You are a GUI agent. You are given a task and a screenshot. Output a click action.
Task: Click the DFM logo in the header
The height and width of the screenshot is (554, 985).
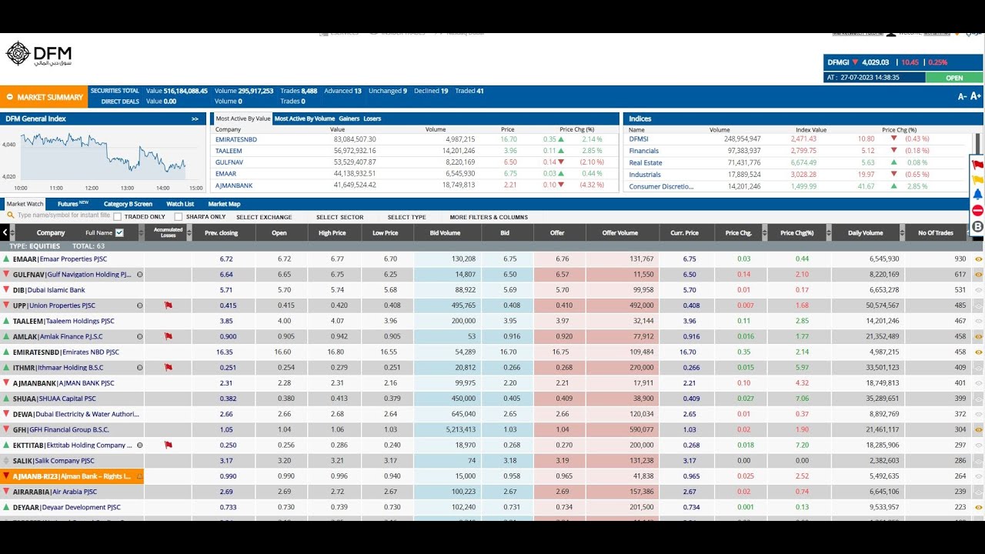(38, 55)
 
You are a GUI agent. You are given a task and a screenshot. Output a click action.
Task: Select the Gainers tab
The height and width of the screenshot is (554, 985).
(349, 118)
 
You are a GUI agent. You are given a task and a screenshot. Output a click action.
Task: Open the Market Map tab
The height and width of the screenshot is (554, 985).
(224, 204)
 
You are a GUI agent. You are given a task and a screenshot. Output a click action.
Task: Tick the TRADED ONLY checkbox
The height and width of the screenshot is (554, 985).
(118, 217)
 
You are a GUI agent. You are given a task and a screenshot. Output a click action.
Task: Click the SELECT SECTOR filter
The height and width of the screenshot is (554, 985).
(339, 217)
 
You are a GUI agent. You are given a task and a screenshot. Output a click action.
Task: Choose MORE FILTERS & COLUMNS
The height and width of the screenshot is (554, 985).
(489, 217)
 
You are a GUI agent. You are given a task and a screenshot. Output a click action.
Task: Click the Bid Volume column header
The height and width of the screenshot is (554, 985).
(447, 232)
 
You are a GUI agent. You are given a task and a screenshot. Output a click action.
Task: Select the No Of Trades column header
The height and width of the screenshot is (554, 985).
(936, 232)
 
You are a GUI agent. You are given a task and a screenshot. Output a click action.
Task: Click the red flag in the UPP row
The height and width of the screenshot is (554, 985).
(168, 305)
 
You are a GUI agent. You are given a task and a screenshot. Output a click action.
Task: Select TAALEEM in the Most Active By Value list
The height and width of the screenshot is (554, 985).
(229, 151)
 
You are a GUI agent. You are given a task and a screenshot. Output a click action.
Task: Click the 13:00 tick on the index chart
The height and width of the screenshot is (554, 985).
(127, 188)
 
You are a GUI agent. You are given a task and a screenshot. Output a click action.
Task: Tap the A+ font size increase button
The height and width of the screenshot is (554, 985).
(975, 96)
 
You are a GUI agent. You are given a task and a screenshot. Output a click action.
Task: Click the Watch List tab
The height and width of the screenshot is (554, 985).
(180, 204)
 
